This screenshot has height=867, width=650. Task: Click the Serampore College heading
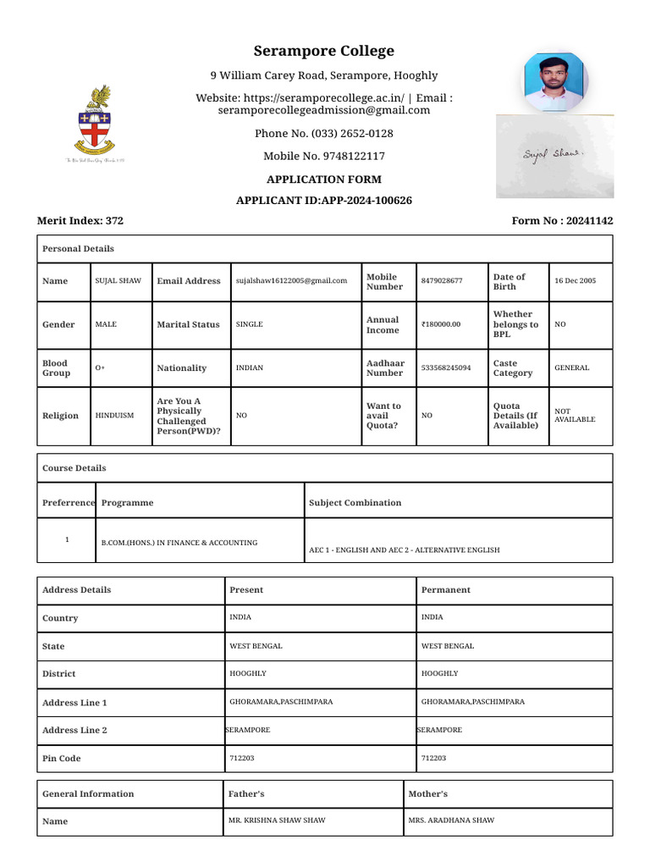pos(324,51)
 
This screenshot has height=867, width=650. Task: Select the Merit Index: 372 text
pos(80,221)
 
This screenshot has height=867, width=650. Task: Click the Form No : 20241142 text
pos(562,221)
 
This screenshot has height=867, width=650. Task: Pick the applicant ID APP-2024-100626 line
pos(324,201)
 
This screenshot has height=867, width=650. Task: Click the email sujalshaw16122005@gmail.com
pos(291,281)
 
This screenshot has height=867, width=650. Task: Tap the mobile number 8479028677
pos(442,281)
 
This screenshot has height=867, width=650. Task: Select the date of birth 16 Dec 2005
pos(575,281)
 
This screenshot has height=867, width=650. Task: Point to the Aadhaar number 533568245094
pos(446,368)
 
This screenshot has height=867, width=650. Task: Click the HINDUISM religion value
pos(115,416)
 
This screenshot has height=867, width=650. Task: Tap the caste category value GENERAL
pos(571,368)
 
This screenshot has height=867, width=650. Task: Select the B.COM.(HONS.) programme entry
pos(179,543)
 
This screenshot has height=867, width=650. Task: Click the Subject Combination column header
pos(355,503)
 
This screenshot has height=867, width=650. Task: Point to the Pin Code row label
pos(62,759)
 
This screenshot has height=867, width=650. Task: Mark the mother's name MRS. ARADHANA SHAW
pos(451,820)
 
